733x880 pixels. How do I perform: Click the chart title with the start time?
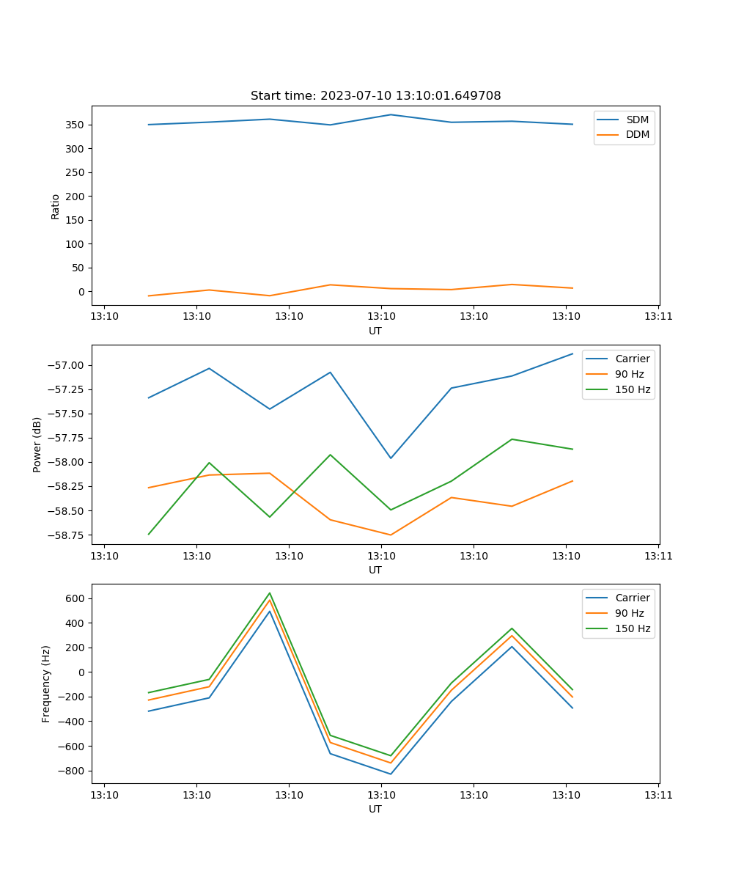pyautogui.click(x=375, y=96)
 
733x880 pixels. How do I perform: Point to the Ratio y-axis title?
pyautogui.click(x=56, y=206)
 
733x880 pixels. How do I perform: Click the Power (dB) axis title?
pyautogui.click(x=37, y=444)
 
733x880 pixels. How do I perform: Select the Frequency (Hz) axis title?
pyautogui.click(x=46, y=683)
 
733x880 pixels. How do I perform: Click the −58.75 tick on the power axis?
pyautogui.click(x=65, y=535)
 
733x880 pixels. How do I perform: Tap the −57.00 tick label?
pyautogui.click(x=65, y=365)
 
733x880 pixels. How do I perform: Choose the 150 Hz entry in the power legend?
pyautogui.click(x=633, y=389)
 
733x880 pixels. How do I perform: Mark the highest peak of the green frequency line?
pyautogui.click(x=270, y=593)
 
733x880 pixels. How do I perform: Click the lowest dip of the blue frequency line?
pyautogui.click(x=391, y=774)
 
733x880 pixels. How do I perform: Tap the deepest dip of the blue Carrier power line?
pyautogui.click(x=391, y=458)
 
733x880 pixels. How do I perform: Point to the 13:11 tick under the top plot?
pyautogui.click(x=658, y=316)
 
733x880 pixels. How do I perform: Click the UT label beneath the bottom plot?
pyautogui.click(x=375, y=809)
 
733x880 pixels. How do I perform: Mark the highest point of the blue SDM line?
pyautogui.click(x=391, y=114)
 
